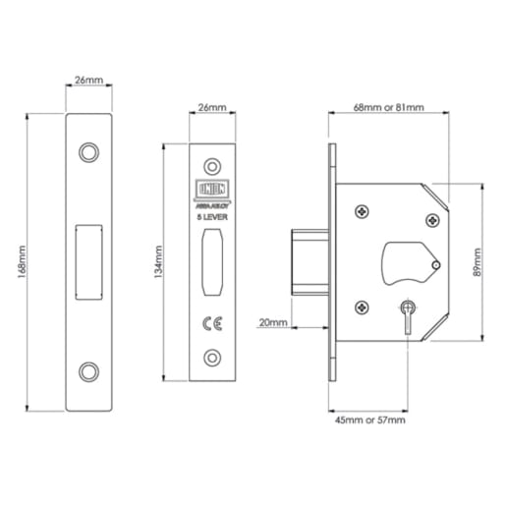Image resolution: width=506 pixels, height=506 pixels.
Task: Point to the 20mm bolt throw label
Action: point(273,321)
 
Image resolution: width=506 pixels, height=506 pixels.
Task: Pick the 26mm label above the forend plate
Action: point(211,110)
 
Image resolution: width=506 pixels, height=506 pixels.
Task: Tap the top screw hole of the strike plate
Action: point(90,152)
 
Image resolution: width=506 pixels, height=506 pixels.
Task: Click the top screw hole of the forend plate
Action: point(212,165)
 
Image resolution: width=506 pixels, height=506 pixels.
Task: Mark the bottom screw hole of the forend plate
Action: point(212,359)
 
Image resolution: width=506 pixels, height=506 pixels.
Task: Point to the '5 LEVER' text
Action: point(212,216)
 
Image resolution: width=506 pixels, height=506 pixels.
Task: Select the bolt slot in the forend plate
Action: point(212,262)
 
